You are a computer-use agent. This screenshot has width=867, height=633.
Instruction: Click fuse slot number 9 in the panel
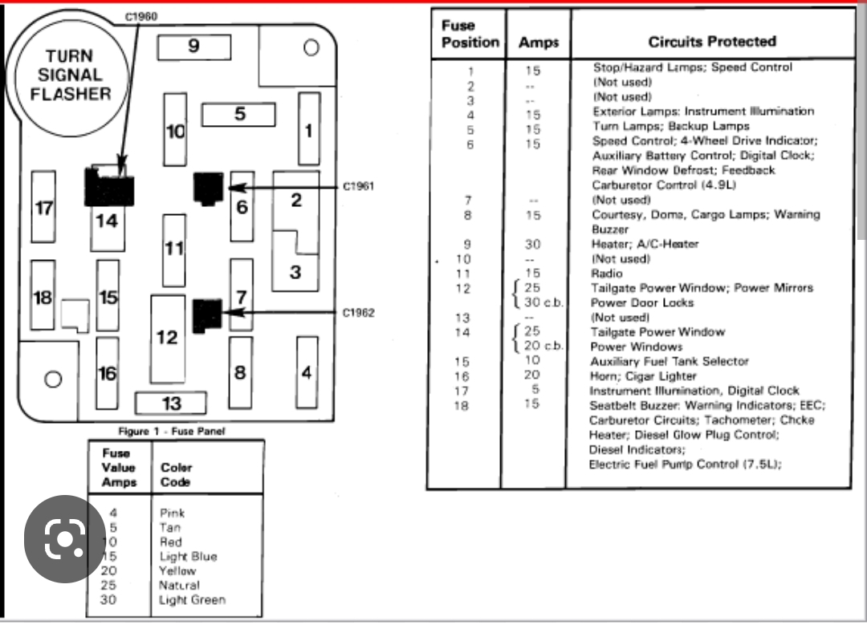(x=193, y=47)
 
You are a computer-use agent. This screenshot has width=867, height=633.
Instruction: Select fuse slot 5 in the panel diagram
(x=238, y=115)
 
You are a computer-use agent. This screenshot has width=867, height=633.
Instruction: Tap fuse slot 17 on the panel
(x=43, y=207)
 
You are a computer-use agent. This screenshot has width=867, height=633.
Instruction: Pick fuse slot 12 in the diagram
(x=168, y=338)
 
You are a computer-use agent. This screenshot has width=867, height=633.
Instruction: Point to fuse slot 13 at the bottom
(x=171, y=403)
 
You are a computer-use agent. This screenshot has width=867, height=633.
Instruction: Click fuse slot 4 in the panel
(x=307, y=371)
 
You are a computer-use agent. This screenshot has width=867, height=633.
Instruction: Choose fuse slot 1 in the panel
(x=309, y=129)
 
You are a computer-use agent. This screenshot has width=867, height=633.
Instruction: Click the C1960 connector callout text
(x=141, y=16)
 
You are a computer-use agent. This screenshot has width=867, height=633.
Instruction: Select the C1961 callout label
(x=359, y=187)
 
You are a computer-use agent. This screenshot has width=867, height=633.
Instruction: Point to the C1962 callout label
(x=359, y=313)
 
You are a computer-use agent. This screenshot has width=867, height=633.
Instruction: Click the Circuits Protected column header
(x=712, y=42)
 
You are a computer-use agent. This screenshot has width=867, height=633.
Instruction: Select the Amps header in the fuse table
(x=538, y=43)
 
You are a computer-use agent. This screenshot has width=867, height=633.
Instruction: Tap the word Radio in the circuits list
(x=607, y=274)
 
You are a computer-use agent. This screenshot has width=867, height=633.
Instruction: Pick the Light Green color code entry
(x=192, y=600)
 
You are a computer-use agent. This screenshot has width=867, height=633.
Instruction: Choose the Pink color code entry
(x=172, y=513)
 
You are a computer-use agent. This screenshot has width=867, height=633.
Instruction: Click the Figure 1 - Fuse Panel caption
(x=172, y=431)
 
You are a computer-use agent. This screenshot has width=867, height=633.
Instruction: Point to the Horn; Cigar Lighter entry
(x=633, y=376)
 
